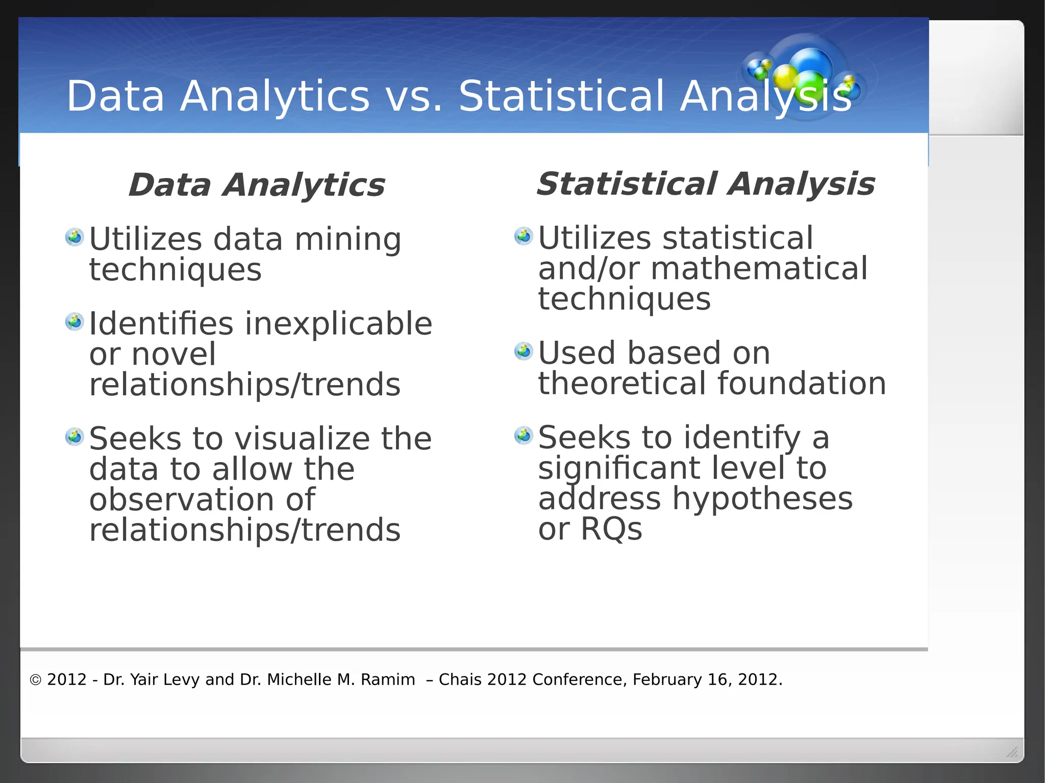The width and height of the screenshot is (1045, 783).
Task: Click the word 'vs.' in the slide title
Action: pos(414,96)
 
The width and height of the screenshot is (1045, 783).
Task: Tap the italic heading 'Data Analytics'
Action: pos(256,185)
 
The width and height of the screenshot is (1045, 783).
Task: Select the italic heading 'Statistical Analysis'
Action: pos(705,184)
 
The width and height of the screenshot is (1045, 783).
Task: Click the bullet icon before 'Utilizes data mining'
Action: pos(74,237)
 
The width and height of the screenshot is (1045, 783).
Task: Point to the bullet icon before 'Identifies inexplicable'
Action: pos(74,321)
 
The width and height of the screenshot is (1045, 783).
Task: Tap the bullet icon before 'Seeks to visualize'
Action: pos(74,437)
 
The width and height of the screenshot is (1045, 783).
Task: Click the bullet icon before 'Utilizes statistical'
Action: pos(524,236)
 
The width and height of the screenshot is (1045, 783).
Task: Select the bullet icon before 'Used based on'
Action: pos(524,351)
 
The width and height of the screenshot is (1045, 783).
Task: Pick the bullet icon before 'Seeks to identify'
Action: pos(524,435)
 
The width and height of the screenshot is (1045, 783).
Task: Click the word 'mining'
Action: pos(348,240)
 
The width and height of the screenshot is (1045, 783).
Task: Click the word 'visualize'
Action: pos(303,439)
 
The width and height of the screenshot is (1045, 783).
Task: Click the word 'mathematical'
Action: pos(759,269)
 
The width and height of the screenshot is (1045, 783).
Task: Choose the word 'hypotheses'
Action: pos(762,499)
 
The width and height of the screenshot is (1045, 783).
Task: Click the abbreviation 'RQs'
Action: pos(611,529)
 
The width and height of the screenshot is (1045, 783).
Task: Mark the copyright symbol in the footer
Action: pos(35,680)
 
